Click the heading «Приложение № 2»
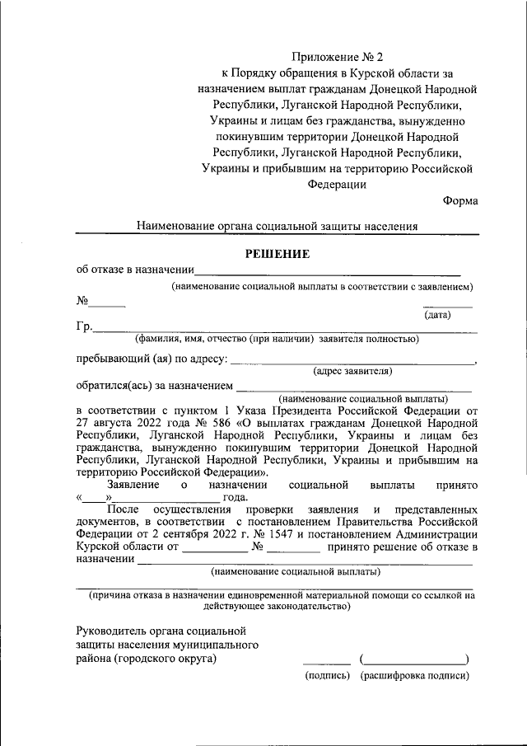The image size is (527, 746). tap(338, 57)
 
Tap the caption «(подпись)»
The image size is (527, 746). tap(327, 675)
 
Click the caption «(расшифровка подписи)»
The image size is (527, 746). tap(414, 675)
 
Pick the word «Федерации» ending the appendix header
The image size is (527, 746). tap(338, 185)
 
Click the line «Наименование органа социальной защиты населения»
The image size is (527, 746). tap(277, 226)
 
